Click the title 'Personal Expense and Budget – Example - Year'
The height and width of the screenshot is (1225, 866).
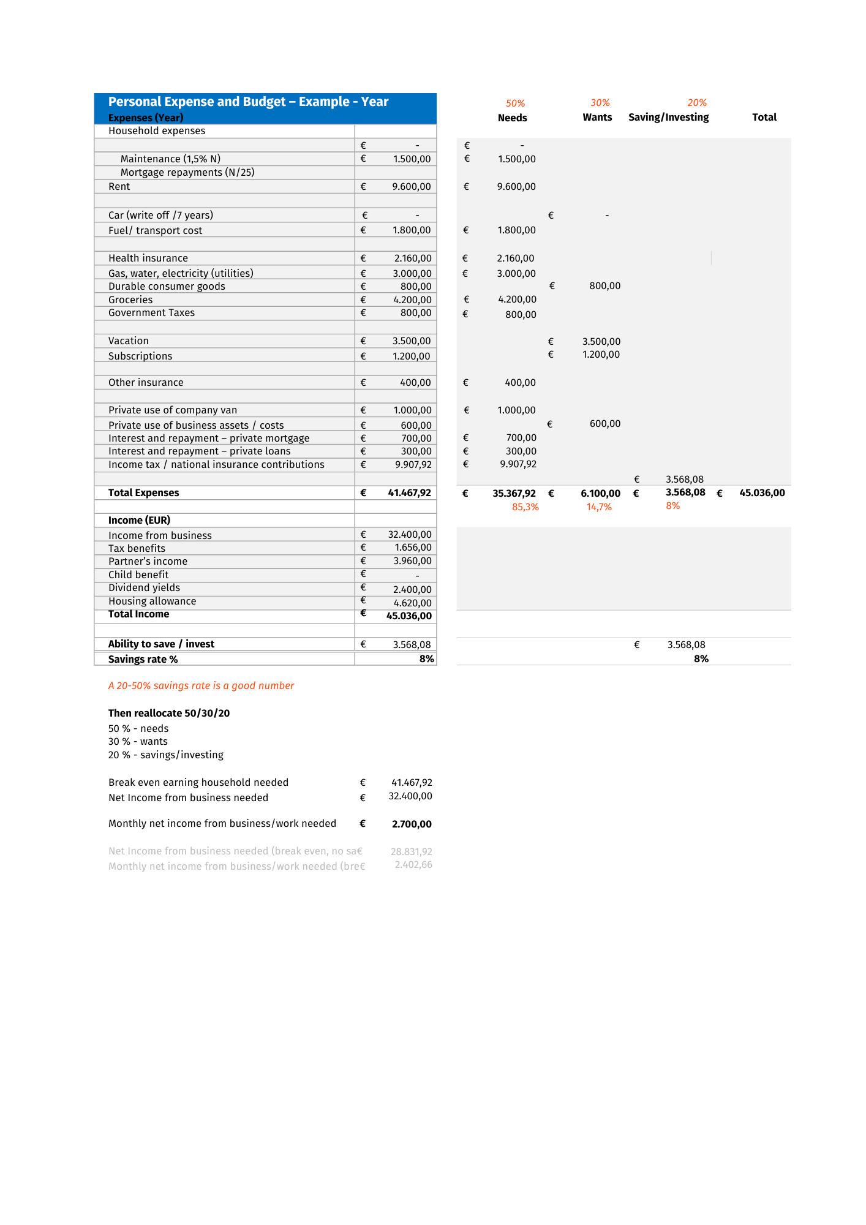248,102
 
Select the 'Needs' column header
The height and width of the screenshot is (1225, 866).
512,118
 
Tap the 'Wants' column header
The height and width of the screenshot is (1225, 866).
597,117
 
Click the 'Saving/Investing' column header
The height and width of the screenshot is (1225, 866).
668,117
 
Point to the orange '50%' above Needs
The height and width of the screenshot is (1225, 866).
515,104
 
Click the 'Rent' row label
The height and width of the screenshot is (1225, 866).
119,187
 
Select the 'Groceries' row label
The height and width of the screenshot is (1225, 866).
130,300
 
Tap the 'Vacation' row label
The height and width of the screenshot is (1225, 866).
129,341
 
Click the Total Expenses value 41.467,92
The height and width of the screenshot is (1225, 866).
409,492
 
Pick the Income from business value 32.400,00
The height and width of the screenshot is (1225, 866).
410,535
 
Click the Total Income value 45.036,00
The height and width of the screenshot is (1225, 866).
409,616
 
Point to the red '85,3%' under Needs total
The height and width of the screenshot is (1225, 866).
525,507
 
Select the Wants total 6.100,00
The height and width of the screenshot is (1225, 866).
600,493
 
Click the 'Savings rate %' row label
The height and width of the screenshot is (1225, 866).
143,659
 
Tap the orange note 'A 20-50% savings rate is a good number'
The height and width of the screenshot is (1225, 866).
201,685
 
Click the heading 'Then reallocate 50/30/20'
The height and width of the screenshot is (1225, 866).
169,713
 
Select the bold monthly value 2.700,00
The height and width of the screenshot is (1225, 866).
412,824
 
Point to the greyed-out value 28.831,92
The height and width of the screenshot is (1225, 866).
411,851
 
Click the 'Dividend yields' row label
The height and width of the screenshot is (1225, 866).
144,587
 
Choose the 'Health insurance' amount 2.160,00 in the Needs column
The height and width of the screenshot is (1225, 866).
515,258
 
